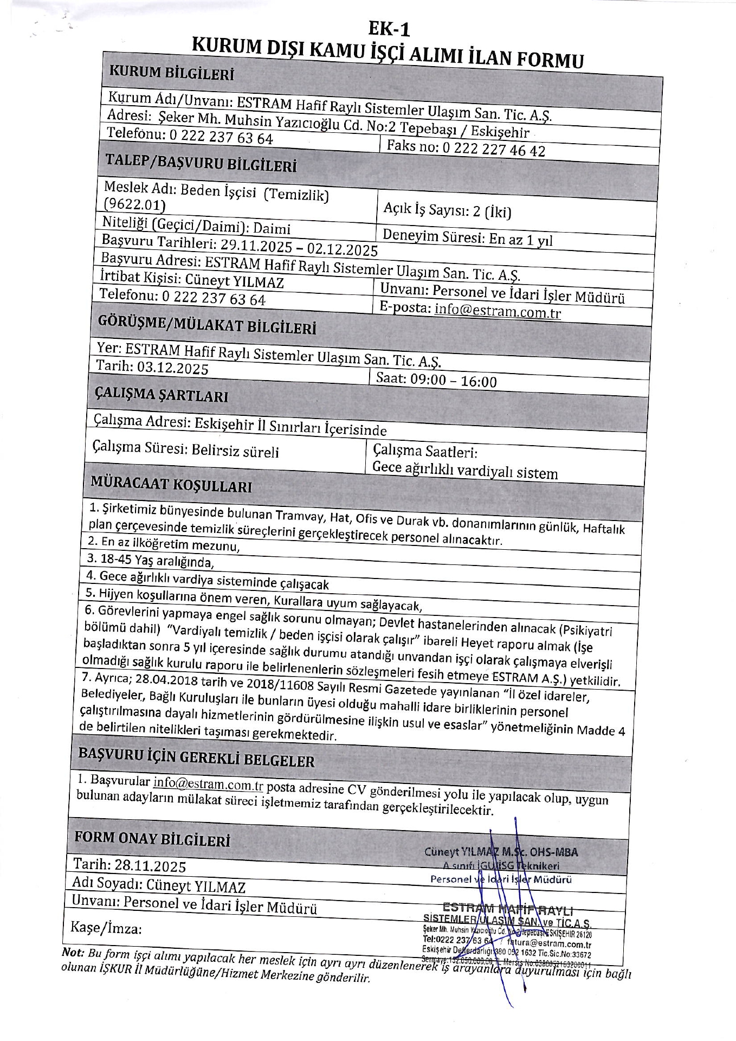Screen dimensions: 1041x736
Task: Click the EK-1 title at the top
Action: (x=389, y=28)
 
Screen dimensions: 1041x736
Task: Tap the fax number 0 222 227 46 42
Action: (x=494, y=149)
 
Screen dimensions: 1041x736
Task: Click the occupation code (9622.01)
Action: (x=134, y=204)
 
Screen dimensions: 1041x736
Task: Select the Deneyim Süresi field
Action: (x=467, y=237)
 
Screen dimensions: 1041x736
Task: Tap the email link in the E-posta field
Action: (x=498, y=311)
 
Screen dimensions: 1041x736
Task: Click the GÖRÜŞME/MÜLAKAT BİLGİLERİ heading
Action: (x=206, y=325)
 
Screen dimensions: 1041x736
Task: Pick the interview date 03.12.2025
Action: (x=172, y=368)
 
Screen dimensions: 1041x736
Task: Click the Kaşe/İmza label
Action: (x=106, y=928)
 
